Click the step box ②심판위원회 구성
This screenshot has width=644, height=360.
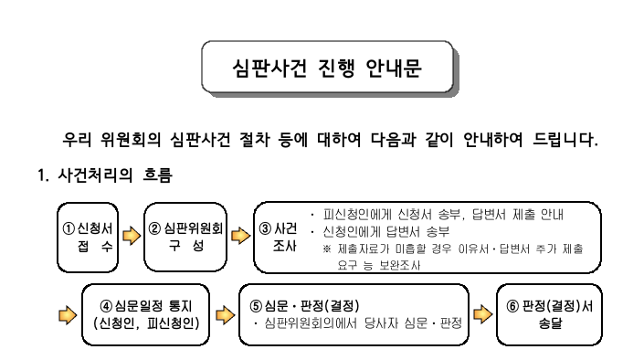186,238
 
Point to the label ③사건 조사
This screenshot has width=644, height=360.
279,238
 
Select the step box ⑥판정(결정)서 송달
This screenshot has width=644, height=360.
549,313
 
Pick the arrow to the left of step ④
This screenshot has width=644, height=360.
67,315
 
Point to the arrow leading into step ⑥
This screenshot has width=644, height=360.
481,315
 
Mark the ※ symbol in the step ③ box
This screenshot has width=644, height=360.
327,248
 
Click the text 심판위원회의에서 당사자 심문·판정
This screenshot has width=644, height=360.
361,323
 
